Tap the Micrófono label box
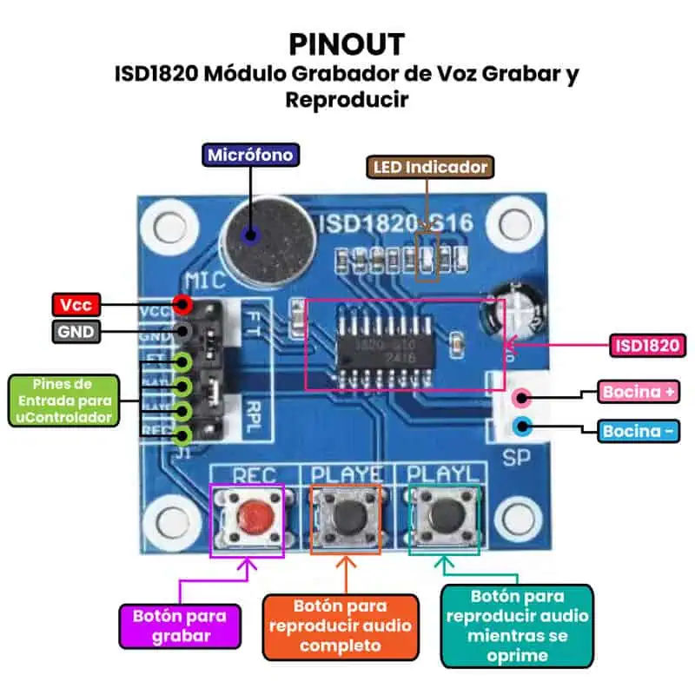point(251,156)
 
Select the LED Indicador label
point(430,167)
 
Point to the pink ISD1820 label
point(648,345)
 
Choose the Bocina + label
point(639,392)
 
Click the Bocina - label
point(639,431)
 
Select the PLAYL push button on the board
point(444,519)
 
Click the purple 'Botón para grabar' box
point(180,625)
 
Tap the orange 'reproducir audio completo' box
point(340,625)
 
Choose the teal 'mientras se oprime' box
point(517,625)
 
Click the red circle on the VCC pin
point(182,304)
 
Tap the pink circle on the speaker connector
point(522,399)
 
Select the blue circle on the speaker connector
point(522,427)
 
